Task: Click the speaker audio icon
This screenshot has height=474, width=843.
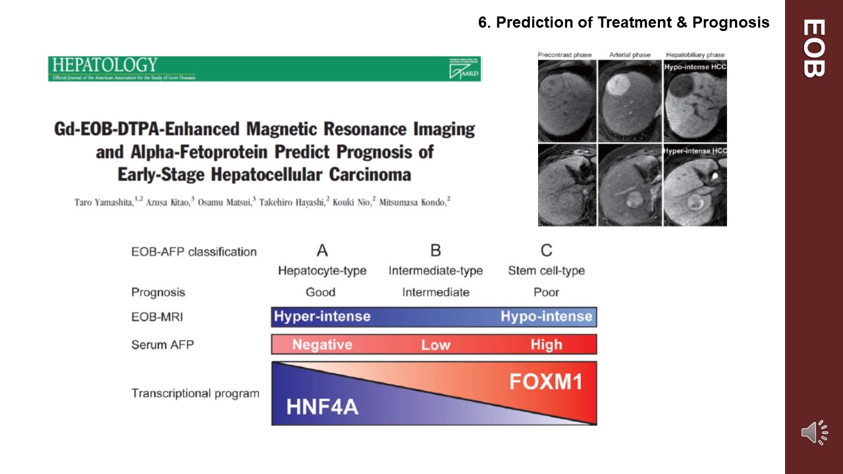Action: [814, 433]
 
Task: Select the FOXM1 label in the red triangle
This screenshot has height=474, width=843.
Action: [546, 381]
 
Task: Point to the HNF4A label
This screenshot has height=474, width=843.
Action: [322, 406]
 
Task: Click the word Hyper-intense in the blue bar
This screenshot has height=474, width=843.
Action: [322, 317]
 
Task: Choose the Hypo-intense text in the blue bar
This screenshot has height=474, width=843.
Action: [546, 317]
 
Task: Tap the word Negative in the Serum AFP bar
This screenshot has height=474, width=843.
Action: [322, 344]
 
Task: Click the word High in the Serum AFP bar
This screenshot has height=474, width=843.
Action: [546, 344]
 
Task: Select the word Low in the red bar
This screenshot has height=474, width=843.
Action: [435, 344]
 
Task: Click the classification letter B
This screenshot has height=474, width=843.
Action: [435, 251]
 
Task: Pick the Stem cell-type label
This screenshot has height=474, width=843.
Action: [546, 271]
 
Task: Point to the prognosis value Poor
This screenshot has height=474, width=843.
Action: [546, 292]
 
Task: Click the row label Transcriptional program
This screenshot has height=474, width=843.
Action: [195, 394]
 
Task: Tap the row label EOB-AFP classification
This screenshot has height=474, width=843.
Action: [194, 251]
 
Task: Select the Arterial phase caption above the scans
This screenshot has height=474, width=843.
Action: [630, 55]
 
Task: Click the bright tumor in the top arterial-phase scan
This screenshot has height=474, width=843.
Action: [617, 85]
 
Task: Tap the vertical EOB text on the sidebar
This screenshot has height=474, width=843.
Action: [814, 48]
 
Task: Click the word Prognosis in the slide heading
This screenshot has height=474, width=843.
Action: [731, 22]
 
